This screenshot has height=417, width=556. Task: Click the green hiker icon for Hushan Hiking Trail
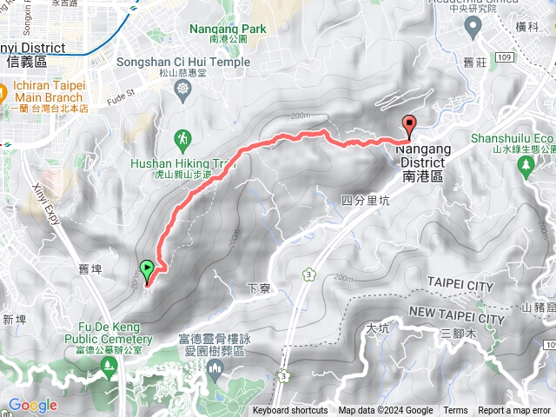pos(182,138)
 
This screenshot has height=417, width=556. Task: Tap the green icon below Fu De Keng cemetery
pos(109,346)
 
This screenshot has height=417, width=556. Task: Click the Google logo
pos(32,406)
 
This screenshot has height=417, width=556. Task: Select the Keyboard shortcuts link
pos(290,411)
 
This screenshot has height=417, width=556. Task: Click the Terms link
pos(455,411)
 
